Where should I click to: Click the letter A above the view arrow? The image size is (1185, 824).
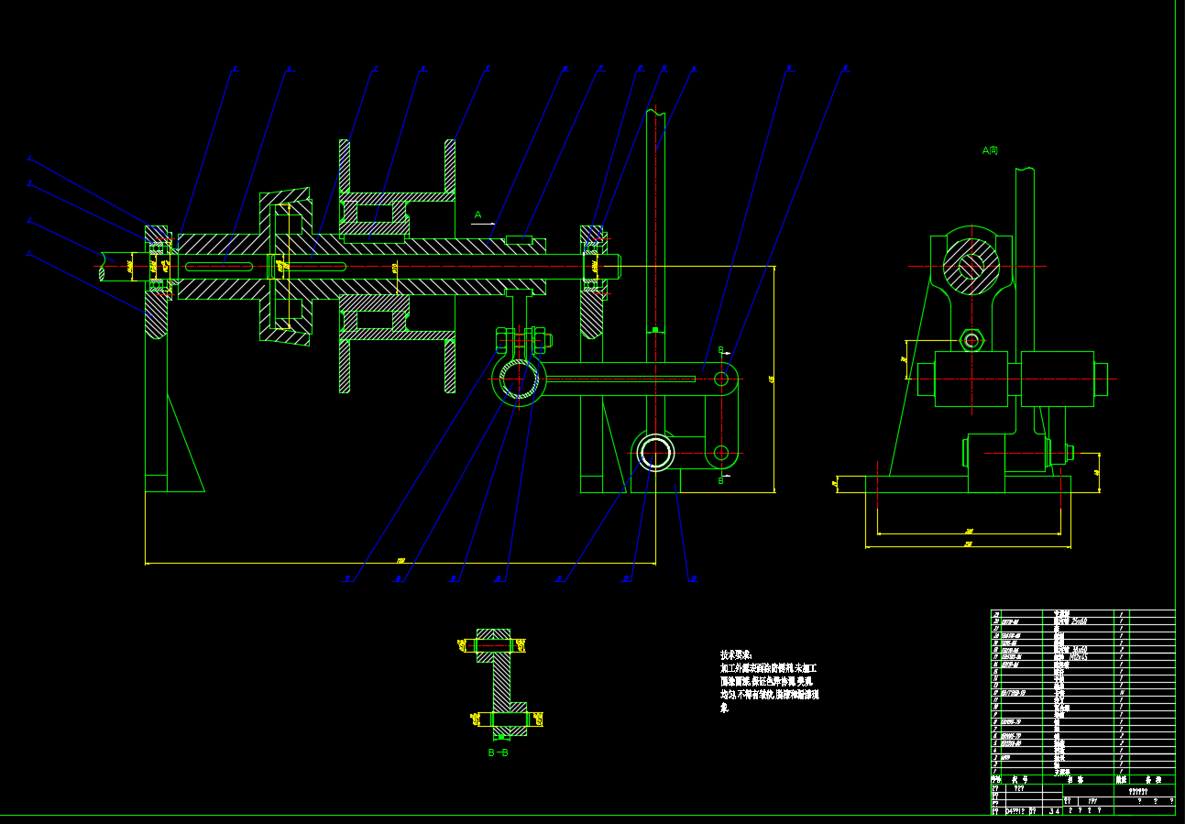coord(477,214)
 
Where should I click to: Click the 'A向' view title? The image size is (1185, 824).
coord(990,150)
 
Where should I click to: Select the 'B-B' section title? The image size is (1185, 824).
coord(498,753)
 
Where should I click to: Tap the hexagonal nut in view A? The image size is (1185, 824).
coord(971,341)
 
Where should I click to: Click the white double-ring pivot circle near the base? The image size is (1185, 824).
coord(656,452)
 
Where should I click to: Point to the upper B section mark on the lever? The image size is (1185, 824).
coord(720,350)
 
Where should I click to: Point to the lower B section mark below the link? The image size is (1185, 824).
coord(720,479)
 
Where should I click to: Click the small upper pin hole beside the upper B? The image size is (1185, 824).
coord(721,378)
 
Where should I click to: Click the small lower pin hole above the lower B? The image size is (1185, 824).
coord(721,452)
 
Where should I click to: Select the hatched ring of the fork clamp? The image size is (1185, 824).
coord(518,380)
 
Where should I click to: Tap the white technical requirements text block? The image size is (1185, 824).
coord(769,681)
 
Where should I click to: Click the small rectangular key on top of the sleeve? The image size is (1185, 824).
coord(519,239)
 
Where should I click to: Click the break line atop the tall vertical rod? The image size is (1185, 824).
coord(656,112)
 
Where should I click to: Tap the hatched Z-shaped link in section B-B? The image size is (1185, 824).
coord(500,678)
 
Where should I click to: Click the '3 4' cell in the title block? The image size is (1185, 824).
coord(1055,810)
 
